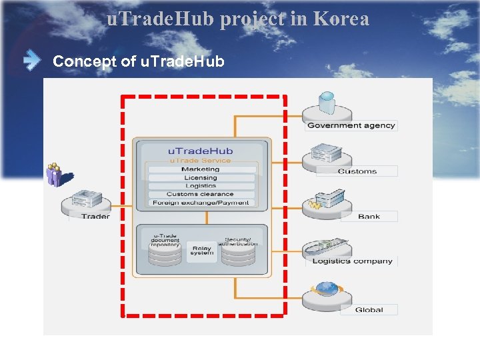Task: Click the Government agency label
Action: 351,125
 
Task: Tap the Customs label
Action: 357,171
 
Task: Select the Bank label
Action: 369,216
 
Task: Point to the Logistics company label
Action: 352,261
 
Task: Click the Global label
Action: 369,309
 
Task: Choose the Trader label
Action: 95,216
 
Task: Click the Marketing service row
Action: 201,169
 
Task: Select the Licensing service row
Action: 201,178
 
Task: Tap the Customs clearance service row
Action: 201,194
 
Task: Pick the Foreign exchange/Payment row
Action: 201,203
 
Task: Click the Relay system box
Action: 201,250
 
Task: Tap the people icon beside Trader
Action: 54,174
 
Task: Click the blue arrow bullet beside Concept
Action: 31,61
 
